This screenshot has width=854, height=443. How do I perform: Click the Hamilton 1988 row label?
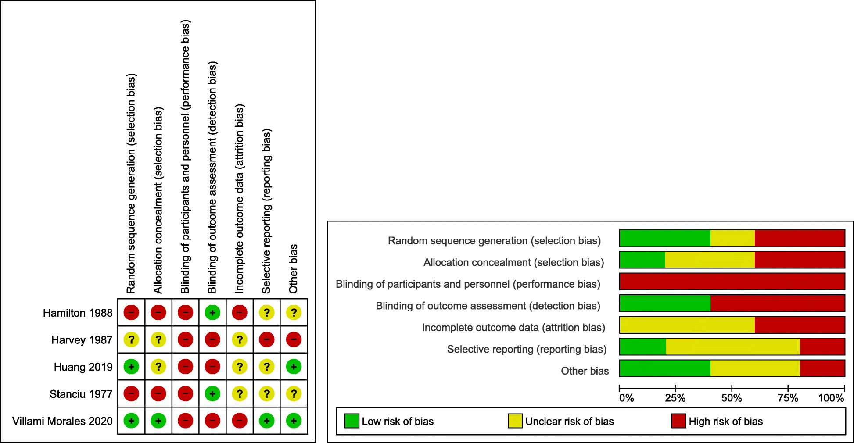tap(78, 313)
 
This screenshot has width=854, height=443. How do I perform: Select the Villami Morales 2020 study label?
tap(62, 421)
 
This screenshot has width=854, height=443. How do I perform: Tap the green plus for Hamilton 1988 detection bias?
tap(212, 313)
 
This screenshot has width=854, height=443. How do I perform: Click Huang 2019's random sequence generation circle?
tap(131, 367)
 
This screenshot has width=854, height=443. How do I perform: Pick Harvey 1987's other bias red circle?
tap(294, 339)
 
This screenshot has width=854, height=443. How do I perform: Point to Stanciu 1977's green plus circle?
tap(212, 394)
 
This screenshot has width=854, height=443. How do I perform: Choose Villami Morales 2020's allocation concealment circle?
tap(158, 421)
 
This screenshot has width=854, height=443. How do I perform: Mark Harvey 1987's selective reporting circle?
tap(266, 339)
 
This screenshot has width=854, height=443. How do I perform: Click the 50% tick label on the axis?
tap(732, 398)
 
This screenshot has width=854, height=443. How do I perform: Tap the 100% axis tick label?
tap(831, 398)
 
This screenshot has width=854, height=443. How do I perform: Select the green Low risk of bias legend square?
tap(352, 421)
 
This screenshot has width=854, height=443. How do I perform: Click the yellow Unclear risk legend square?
tap(515, 421)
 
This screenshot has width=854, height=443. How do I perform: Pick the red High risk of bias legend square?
tap(678, 421)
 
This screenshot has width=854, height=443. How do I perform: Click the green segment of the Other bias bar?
tap(664, 368)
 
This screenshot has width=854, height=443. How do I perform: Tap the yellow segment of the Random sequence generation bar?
tap(732, 238)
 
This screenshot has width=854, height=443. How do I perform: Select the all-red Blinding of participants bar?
tap(732, 282)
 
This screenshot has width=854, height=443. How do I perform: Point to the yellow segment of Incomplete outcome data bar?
tap(687, 325)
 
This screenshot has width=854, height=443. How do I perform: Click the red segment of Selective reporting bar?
tap(822, 347)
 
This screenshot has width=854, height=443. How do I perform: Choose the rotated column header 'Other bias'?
tap(293, 268)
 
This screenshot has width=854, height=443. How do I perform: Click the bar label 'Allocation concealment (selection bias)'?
tap(513, 262)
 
